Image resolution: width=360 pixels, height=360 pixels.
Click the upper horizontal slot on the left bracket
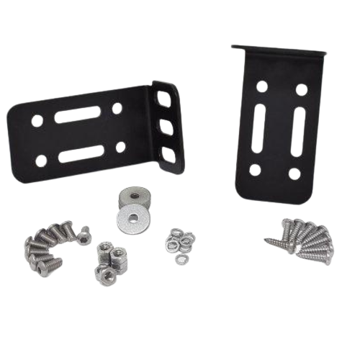[x=78, y=114]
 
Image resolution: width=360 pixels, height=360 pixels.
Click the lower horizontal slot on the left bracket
[x=81, y=153]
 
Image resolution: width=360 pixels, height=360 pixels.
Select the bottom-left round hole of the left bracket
[x=41, y=161]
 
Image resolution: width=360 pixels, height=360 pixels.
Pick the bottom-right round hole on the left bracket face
[x=120, y=148]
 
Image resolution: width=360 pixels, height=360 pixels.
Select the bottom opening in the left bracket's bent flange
[x=168, y=155]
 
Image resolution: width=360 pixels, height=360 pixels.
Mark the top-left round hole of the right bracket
[x=262, y=86]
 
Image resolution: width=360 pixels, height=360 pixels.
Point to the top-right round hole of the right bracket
[x=301, y=91]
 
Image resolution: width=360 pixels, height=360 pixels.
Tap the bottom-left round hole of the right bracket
[x=255, y=170]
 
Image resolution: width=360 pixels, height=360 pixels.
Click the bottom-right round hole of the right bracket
[x=294, y=174]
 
